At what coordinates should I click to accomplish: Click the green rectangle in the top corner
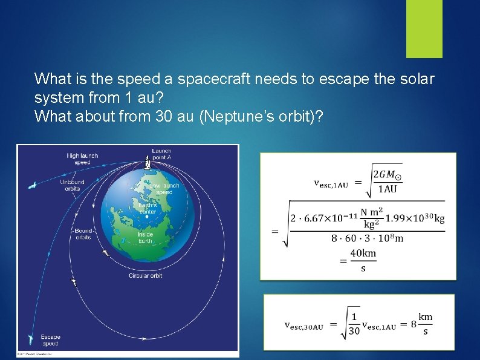[424, 28]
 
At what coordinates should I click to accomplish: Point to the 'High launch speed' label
[82, 159]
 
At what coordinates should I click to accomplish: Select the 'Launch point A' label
[161, 154]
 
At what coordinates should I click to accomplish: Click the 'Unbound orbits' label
[72, 185]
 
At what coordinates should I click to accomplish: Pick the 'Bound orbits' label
[83, 234]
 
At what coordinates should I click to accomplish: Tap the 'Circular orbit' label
[146, 276]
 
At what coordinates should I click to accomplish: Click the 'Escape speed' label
[50, 340]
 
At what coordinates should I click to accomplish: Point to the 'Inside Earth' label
[145, 237]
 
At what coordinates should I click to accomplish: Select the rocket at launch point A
[147, 163]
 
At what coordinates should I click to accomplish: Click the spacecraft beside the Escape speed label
[31, 339]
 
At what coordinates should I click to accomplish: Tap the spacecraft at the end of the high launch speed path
[32, 185]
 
